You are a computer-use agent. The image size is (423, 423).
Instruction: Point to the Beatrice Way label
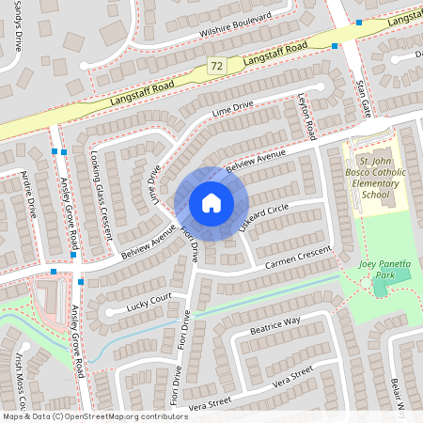[x=274, y=326]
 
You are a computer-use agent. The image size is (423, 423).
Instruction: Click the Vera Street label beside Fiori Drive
[x=209, y=403]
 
